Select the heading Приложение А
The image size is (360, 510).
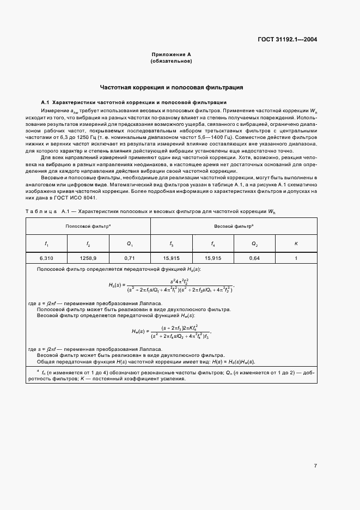pos(171,55)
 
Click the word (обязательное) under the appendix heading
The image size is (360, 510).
pos(171,62)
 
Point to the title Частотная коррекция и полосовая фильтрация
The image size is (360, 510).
pos(171,87)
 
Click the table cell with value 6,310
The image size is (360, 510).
pos(46,257)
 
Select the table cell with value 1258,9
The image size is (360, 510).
pos(88,257)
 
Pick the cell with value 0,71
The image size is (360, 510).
pos(130,257)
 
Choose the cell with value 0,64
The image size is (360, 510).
pos(254,257)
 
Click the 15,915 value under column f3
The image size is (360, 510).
pos(171,257)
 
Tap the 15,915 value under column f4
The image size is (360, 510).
pos(212,257)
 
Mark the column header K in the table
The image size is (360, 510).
pos(296,244)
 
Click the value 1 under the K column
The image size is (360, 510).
pos(296,257)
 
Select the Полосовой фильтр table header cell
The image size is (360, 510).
pos(88,225)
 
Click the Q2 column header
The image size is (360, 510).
pos(254,244)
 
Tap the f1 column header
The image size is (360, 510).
pos(46,244)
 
